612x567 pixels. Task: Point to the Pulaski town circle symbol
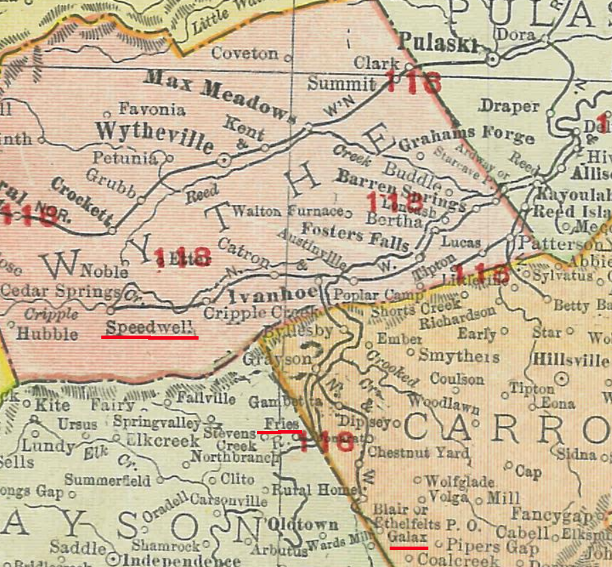[x=493, y=60]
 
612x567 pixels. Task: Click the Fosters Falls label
[x=356, y=236]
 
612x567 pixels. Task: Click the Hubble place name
[x=47, y=334]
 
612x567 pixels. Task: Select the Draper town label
[x=509, y=106]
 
